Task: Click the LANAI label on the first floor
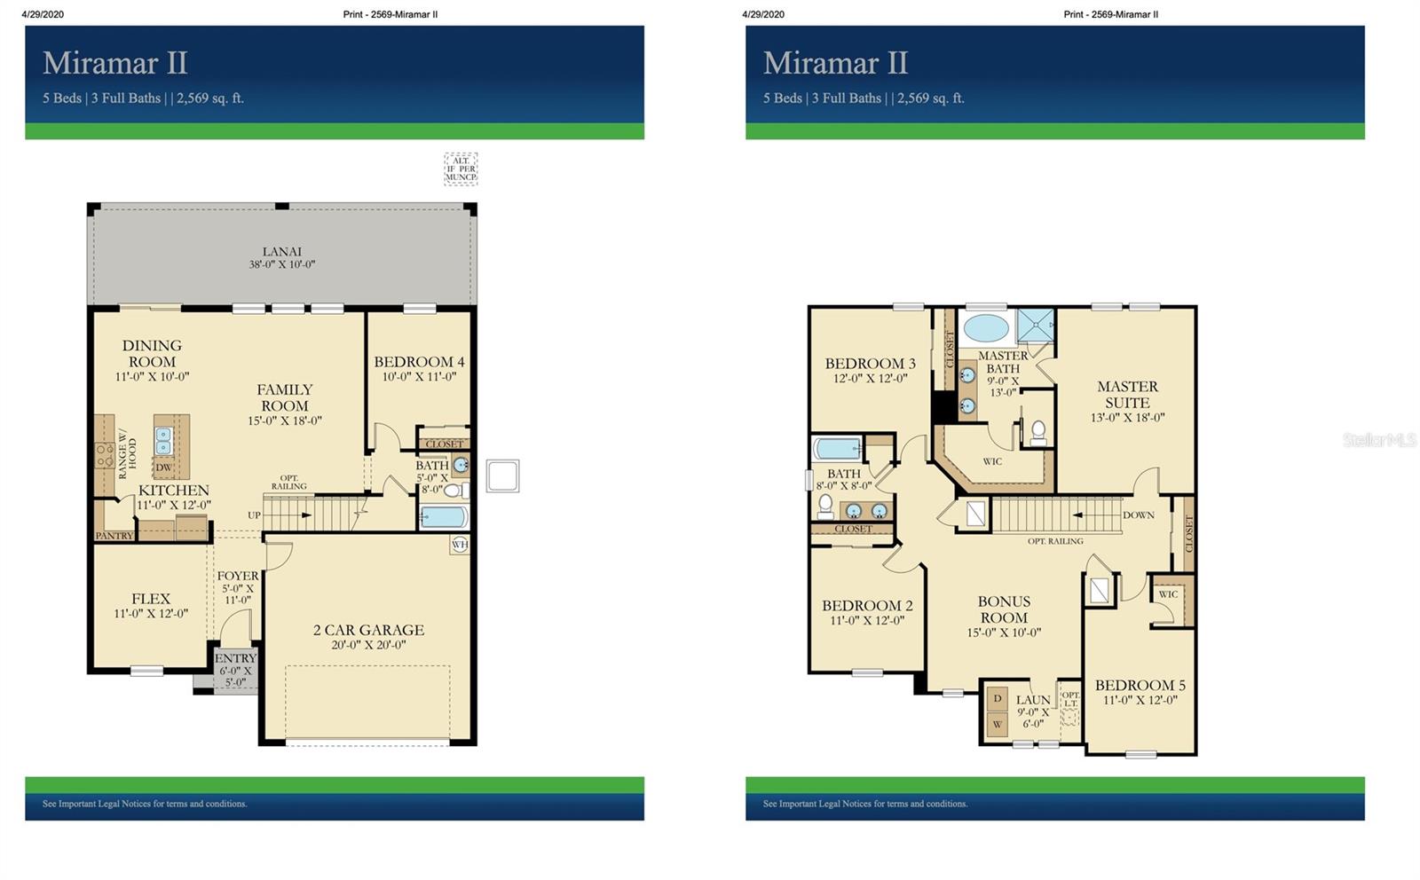click(x=281, y=252)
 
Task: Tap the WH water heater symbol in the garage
click(x=460, y=544)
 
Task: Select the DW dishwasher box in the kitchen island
click(x=164, y=467)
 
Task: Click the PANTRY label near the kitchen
click(x=114, y=536)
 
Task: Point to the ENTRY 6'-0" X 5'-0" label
click(x=235, y=670)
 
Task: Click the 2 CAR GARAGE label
click(x=368, y=631)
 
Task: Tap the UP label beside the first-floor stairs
click(x=254, y=515)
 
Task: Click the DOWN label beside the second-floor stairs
click(x=1139, y=515)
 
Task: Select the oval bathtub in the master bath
click(x=986, y=327)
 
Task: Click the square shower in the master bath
click(x=1035, y=326)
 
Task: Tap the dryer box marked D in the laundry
click(x=998, y=699)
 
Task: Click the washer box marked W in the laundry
click(x=998, y=724)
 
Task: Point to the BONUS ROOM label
click(x=1004, y=609)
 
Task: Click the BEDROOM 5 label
click(x=1140, y=686)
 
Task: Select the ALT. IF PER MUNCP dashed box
click(x=461, y=169)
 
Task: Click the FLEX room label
click(x=151, y=599)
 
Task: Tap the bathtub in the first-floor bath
click(x=443, y=516)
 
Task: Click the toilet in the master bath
click(x=1038, y=432)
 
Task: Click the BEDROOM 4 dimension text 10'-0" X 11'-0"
click(x=419, y=376)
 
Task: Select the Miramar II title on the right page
click(x=835, y=63)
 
